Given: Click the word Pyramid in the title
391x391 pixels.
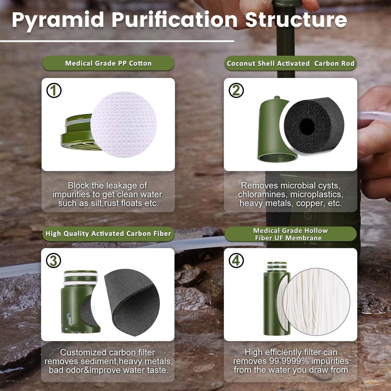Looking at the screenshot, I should [x=58, y=20].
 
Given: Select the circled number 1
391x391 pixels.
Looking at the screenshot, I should [x=54, y=90].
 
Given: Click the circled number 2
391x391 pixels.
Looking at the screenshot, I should [x=236, y=90].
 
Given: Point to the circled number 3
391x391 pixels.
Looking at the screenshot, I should [x=54, y=261].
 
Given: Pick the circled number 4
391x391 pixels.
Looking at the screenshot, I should [x=236, y=261].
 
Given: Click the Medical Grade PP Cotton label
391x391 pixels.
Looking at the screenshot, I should [x=108, y=63].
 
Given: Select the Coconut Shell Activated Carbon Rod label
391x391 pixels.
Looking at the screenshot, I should [x=290, y=64].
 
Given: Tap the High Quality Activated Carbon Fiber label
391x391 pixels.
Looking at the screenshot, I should [x=108, y=234].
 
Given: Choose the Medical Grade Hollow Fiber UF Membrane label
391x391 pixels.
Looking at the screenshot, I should [x=290, y=234].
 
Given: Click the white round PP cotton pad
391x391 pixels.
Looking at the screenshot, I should [x=124, y=124].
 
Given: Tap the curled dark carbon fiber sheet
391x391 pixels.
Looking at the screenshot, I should [x=133, y=300].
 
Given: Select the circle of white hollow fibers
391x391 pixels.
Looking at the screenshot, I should [x=316, y=302].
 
